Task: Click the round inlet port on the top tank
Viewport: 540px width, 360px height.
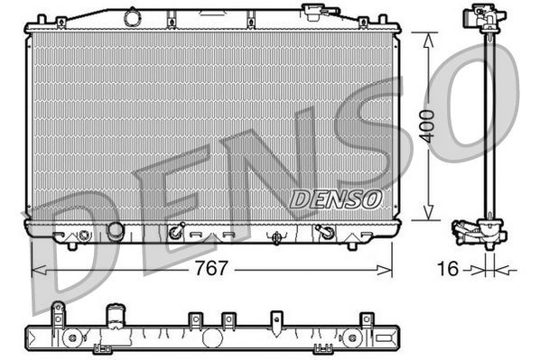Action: click(132, 16)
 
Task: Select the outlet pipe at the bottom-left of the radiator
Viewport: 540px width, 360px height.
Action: click(115, 232)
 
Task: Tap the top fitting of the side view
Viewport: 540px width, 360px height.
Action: click(484, 18)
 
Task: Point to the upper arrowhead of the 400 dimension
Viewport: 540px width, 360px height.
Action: click(424, 35)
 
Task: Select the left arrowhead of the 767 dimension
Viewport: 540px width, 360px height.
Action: click(36, 269)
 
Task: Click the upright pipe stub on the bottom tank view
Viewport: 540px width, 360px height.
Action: click(115, 317)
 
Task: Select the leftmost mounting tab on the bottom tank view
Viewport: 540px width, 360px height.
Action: click(60, 311)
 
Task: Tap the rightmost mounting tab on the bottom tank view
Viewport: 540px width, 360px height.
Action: click(366, 319)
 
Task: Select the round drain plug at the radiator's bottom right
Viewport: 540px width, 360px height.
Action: click(326, 234)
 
